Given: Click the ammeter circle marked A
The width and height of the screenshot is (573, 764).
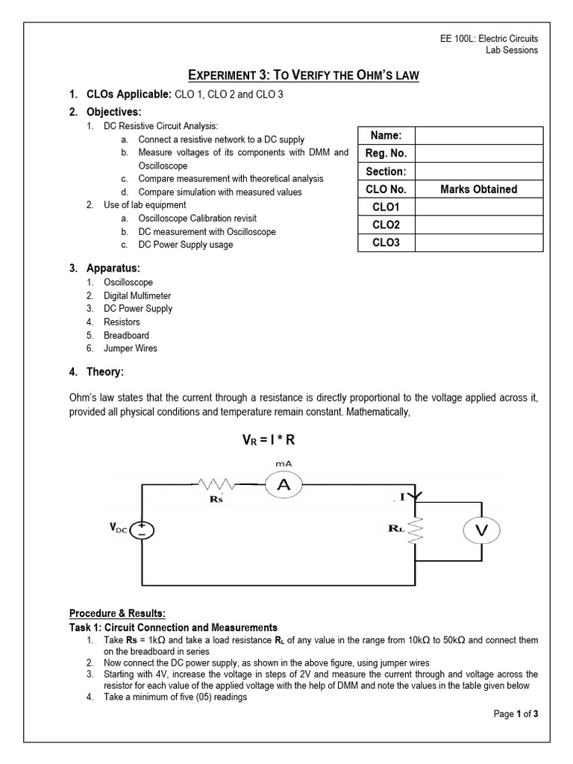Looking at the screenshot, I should tap(284, 485).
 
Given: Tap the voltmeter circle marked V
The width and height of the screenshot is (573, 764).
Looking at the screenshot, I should tap(481, 530).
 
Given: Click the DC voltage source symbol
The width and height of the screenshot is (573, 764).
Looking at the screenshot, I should tap(143, 530).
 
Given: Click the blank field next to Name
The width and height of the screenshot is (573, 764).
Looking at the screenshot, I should tap(479, 136).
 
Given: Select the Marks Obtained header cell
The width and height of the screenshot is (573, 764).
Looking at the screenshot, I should tap(479, 190).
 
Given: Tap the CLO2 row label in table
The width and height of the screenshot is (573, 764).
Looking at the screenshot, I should tap(386, 225).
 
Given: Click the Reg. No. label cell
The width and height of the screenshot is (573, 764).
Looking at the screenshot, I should tap(386, 154).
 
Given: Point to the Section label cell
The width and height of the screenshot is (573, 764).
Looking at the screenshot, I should tap(386, 172).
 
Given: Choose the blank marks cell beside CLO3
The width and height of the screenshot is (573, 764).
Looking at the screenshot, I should tap(479, 243).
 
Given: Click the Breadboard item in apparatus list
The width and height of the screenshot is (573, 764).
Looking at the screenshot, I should tap(126, 336).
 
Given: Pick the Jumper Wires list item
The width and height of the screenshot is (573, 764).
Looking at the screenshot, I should tap(131, 348).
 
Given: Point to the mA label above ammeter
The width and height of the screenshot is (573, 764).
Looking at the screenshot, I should tap(284, 464).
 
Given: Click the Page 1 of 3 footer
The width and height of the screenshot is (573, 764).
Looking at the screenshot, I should tap(516, 714).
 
